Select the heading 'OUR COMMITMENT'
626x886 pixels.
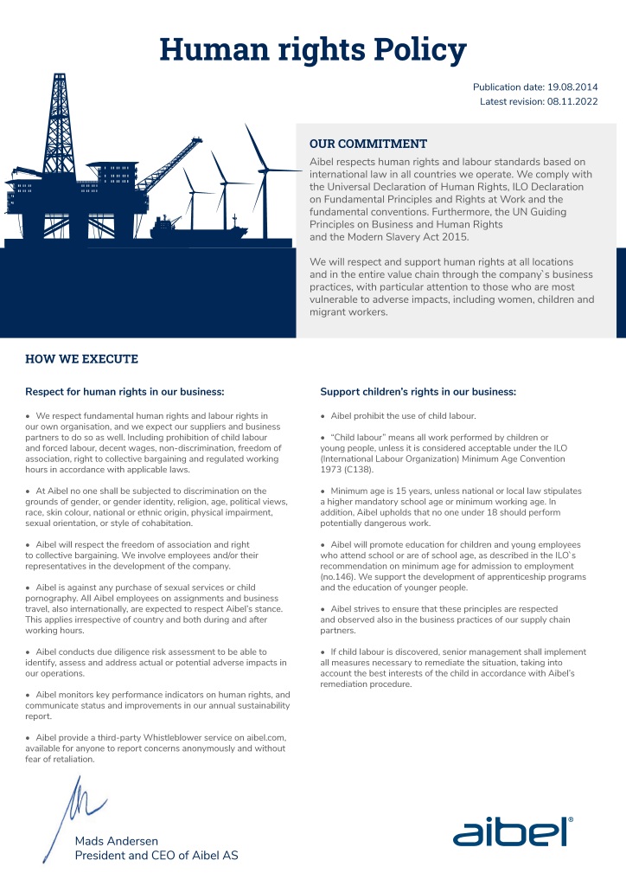(x=368, y=144)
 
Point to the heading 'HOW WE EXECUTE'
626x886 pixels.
(x=81, y=359)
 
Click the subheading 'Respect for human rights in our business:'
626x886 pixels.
(x=125, y=392)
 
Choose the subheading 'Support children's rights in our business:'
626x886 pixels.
(x=418, y=392)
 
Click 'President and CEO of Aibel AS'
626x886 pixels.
(x=156, y=856)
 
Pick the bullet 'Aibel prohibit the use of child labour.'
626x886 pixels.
(x=403, y=416)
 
